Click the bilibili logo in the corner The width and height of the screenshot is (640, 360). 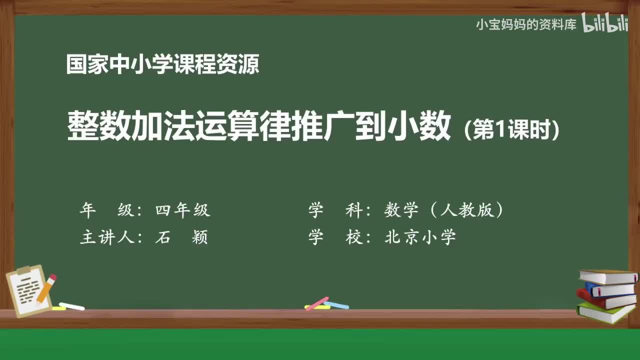click(x=605, y=24)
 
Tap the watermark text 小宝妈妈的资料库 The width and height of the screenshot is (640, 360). click(x=526, y=24)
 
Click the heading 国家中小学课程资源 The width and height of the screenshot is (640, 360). click(x=162, y=64)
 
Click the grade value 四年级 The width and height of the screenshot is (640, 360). click(x=182, y=210)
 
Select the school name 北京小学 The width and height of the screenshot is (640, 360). click(x=420, y=237)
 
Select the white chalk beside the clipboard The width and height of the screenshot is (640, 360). click(x=72, y=306)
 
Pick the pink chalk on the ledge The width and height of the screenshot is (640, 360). click(x=317, y=303)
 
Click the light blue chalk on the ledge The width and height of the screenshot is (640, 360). click(x=336, y=305)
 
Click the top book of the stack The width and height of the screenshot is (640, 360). click(x=607, y=276)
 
